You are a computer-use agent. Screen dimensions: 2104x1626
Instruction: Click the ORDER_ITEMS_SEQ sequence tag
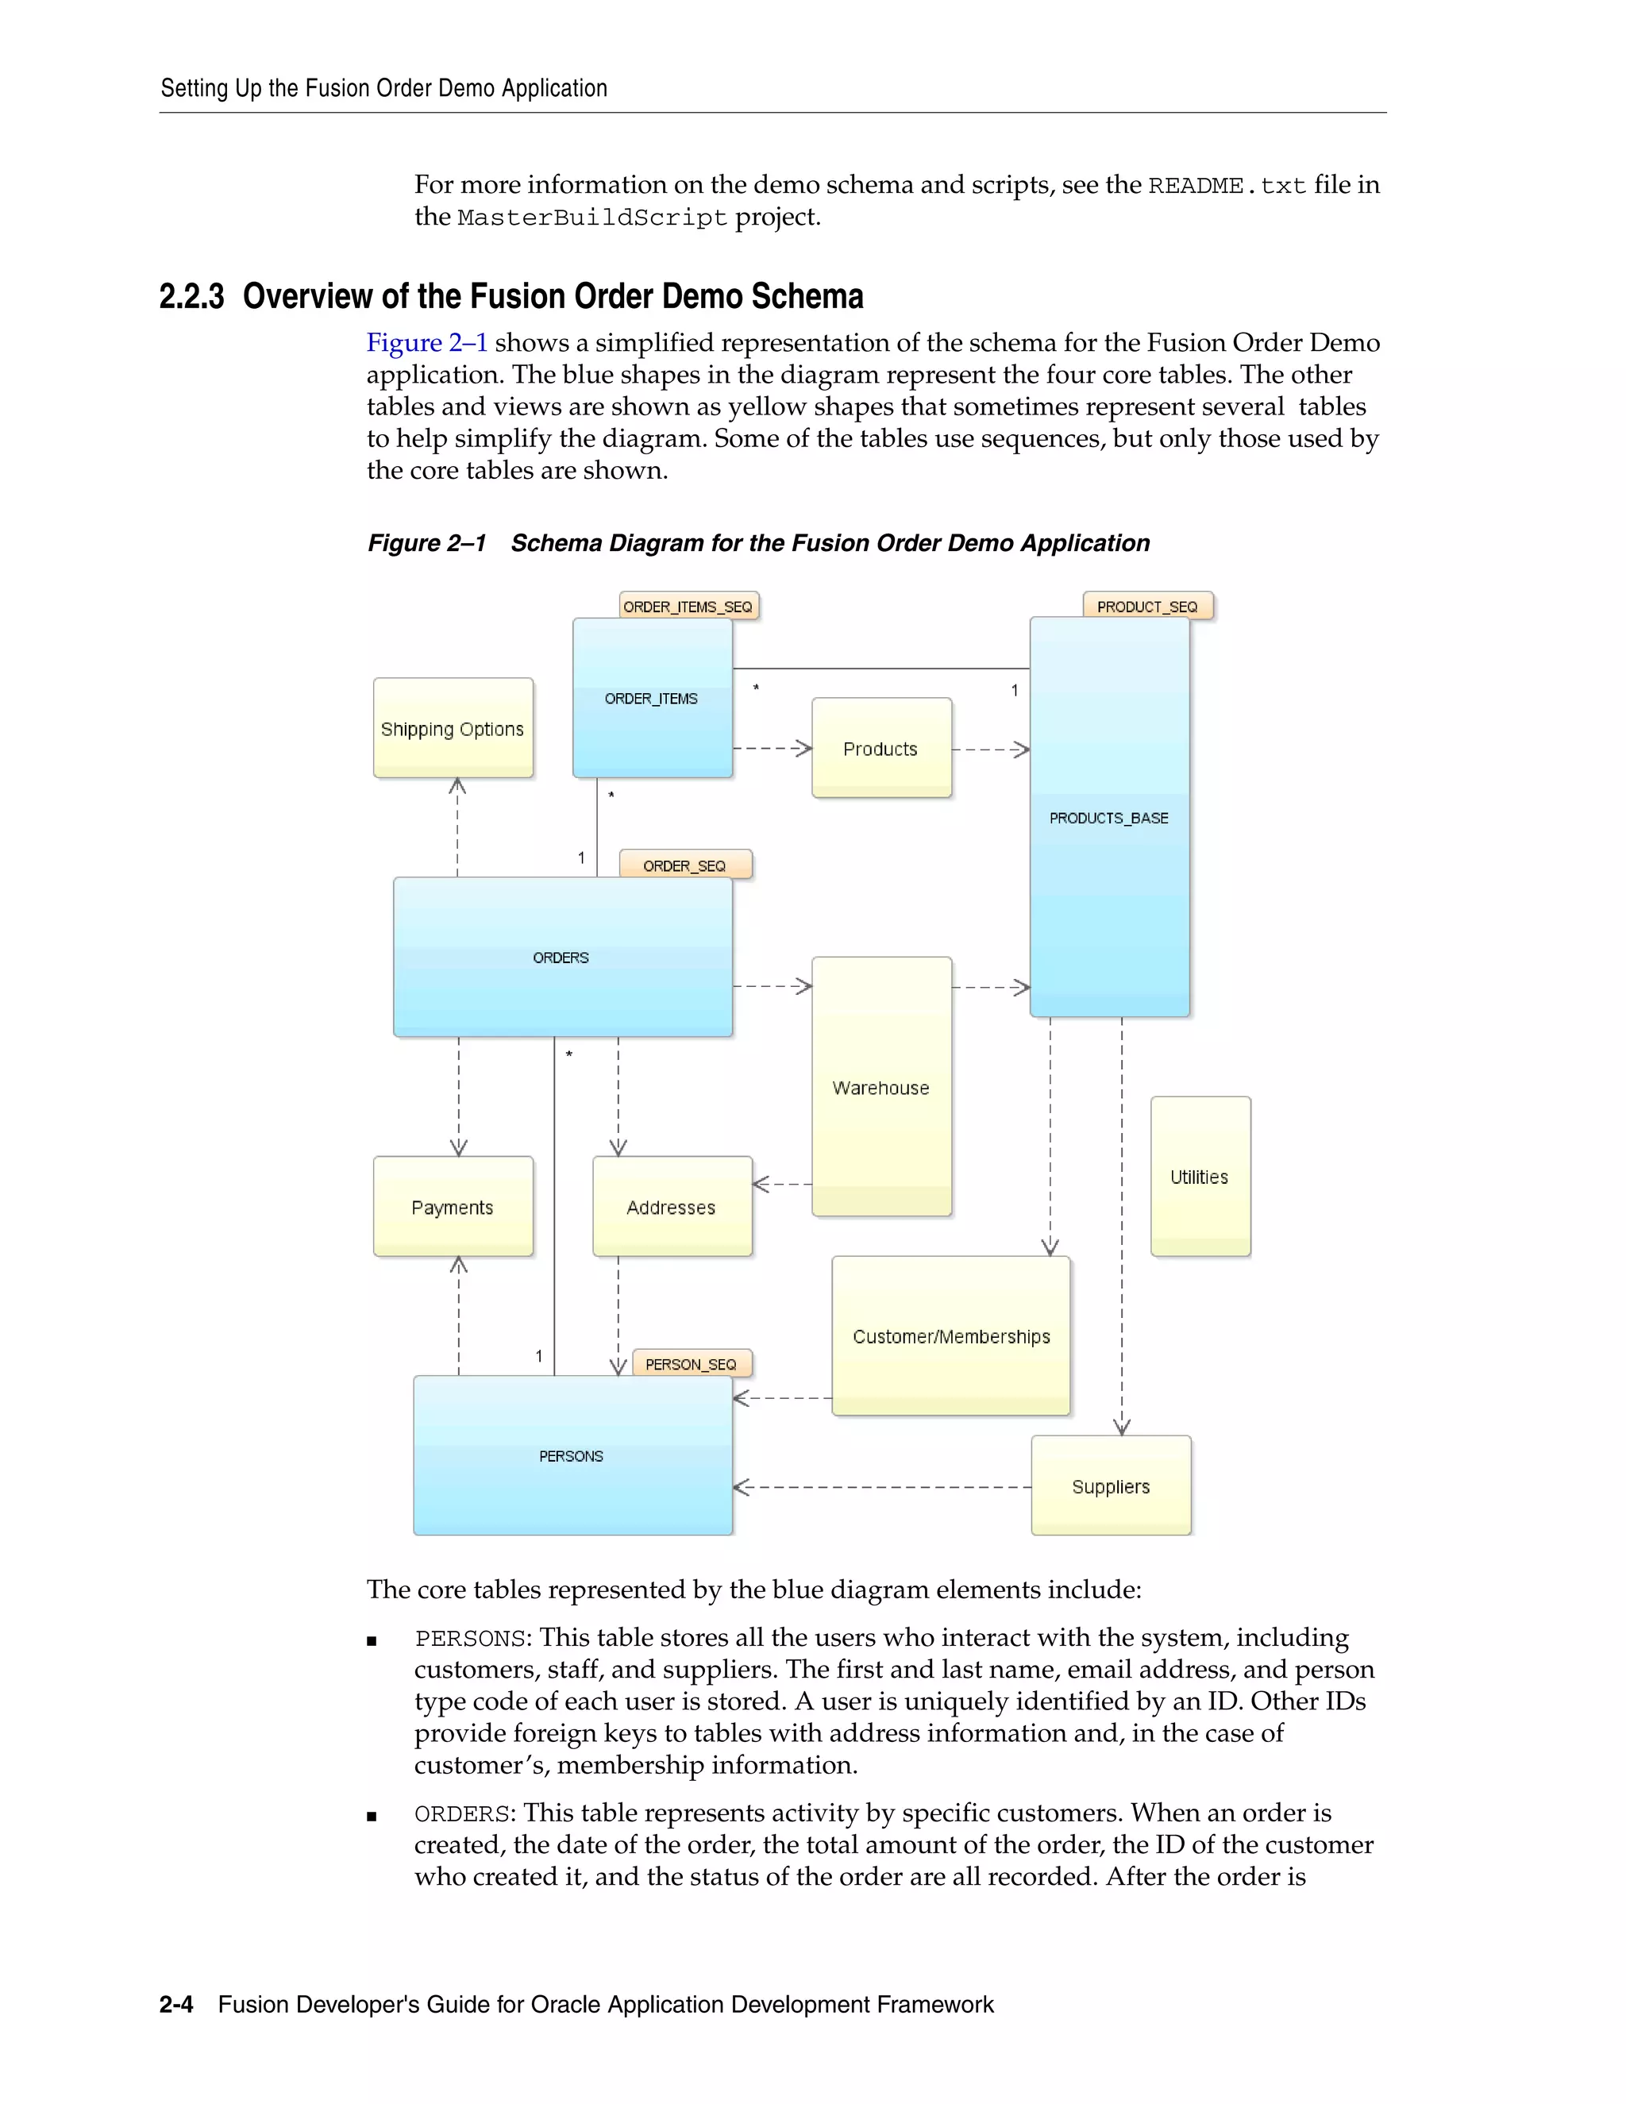click(688, 606)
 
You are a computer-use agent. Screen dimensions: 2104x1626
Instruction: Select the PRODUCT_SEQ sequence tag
click(1147, 606)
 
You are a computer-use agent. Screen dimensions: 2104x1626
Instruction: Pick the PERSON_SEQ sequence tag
click(691, 1364)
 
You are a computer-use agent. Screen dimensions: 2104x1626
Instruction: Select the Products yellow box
click(880, 749)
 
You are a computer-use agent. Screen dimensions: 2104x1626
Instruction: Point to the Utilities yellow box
click(1200, 1177)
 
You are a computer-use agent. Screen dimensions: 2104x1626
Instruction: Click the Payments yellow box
click(453, 1207)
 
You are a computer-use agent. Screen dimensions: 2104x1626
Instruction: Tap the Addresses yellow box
click(672, 1207)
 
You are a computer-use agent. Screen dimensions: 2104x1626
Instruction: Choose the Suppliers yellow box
click(1111, 1486)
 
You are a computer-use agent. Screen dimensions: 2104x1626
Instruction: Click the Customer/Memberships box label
click(950, 1336)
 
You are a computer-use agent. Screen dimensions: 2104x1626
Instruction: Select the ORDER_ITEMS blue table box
click(652, 699)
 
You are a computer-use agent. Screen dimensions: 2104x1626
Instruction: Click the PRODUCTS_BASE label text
click(1108, 818)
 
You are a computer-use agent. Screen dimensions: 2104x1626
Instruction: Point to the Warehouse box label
click(880, 1088)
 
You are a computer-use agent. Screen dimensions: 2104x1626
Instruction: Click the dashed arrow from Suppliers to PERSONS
click(881, 1487)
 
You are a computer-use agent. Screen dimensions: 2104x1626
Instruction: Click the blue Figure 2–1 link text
click(426, 343)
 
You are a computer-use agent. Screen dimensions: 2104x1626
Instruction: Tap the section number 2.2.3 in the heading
click(191, 297)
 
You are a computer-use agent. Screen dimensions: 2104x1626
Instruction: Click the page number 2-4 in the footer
click(176, 2005)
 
